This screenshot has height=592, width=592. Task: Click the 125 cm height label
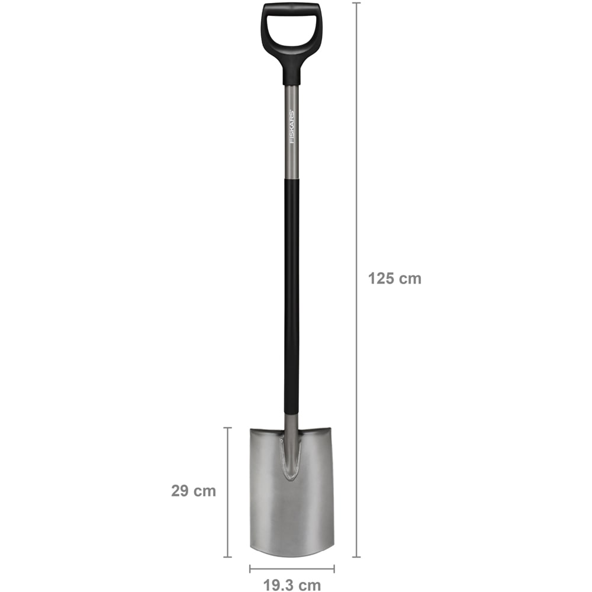pos(394,279)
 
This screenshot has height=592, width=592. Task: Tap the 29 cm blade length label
pos(194,491)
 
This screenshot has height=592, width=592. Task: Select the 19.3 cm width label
pos(292,585)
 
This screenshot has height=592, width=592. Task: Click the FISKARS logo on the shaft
pos(292,127)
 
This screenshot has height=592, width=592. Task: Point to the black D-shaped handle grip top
pos(291,8)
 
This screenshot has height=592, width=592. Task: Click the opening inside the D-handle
pos(291,30)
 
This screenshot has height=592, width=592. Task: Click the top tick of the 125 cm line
pos(356,3)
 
